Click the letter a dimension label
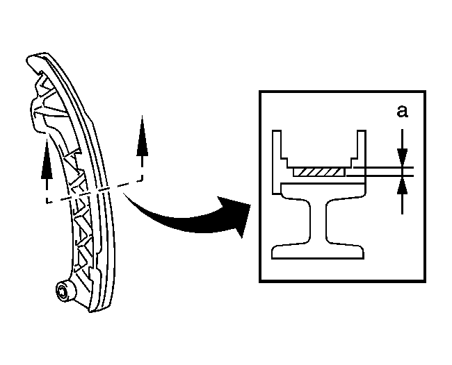tap(403, 112)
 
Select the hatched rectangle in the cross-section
tap(318, 172)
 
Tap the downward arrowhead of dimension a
tap(403, 158)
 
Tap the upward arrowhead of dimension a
tap(403, 185)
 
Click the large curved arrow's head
tap(236, 214)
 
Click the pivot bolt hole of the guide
tap(63, 293)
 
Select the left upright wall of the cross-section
tap(277, 162)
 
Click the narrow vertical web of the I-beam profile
tap(318, 221)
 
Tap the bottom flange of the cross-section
tap(318, 252)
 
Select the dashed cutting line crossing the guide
tap(95, 192)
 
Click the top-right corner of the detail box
tap(426, 92)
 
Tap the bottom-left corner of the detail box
tap(260, 282)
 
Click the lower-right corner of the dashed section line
tap(142, 180)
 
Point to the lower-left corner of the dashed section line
tap(47, 203)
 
